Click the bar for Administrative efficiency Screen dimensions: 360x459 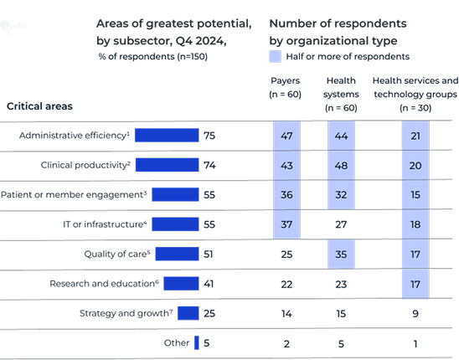tap(166, 136)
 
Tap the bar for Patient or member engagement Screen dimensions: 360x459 tap(174, 194)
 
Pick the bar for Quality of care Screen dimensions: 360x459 tap(177, 253)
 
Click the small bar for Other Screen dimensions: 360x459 tap(196, 342)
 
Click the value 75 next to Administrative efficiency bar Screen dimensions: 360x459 tap(210, 136)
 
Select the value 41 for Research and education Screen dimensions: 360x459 tap(210, 283)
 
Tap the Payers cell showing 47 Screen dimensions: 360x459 tap(286, 136)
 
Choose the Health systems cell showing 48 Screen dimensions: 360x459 tap(340, 165)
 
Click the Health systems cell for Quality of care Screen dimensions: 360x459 tap(340, 253)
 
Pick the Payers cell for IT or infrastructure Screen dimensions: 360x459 tap(286, 224)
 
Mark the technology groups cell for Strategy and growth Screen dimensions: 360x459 tap(415, 312)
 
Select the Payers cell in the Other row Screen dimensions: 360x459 tap(286, 342)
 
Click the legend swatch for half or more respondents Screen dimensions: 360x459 tap(275, 57)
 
